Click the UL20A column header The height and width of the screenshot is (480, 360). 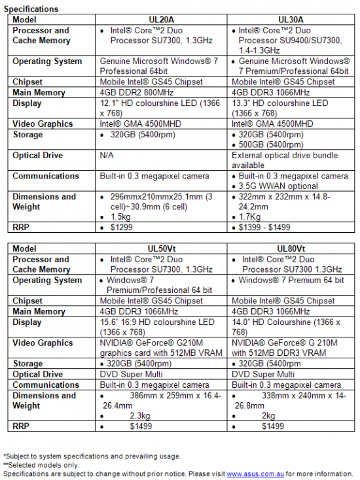click(162, 20)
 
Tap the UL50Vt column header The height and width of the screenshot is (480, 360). click(162, 249)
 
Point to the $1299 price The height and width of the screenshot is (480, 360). click(127, 228)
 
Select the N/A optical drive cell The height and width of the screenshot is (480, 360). click(108, 156)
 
